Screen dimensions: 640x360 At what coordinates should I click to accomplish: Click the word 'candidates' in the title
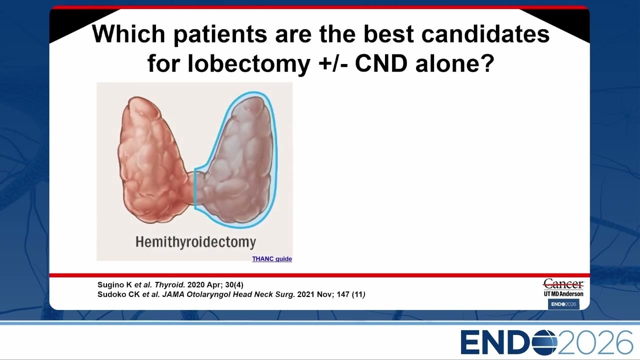(x=485, y=34)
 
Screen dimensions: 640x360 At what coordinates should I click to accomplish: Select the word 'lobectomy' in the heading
(x=249, y=63)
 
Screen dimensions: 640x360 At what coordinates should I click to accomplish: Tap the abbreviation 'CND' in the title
(x=381, y=63)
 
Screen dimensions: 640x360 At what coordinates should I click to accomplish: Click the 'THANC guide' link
(x=271, y=259)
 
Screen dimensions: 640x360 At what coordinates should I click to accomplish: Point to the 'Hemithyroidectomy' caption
(x=195, y=242)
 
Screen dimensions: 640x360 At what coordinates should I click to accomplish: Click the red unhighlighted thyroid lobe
(x=151, y=160)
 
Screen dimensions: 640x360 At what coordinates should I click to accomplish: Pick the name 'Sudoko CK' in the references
(x=118, y=294)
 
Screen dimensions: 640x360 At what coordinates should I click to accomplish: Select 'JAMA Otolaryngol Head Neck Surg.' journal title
(x=228, y=294)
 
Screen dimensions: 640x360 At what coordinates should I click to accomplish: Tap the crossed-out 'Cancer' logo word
(x=563, y=284)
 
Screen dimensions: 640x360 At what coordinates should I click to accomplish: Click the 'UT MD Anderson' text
(x=563, y=293)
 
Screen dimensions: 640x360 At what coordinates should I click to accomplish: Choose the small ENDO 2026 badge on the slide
(x=563, y=304)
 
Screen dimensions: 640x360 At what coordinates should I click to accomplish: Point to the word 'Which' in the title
(x=128, y=34)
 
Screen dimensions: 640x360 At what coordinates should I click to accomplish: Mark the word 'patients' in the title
(x=220, y=35)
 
